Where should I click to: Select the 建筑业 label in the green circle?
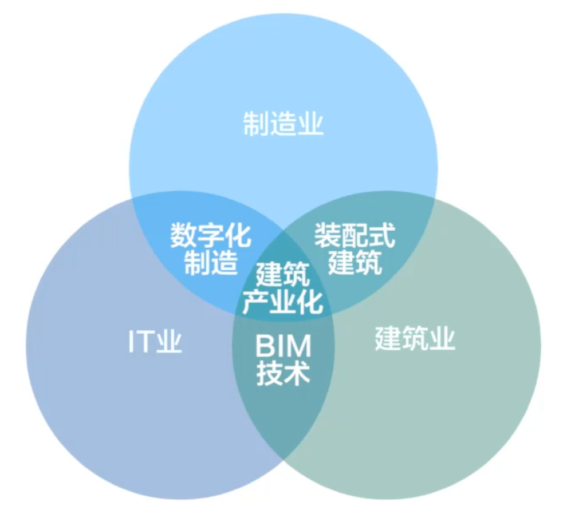[415, 338]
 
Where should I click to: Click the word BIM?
[283, 346]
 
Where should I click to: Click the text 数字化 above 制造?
[211, 235]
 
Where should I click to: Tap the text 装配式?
[355, 235]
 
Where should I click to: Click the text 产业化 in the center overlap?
[283, 302]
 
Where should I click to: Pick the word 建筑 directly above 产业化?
[283, 274]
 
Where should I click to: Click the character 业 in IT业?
[169, 341]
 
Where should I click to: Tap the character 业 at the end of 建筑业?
[442, 338]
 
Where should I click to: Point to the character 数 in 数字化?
[183, 235]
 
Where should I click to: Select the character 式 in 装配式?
[382, 235]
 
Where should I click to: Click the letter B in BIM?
[264, 346]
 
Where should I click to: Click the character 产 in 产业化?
[255, 302]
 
